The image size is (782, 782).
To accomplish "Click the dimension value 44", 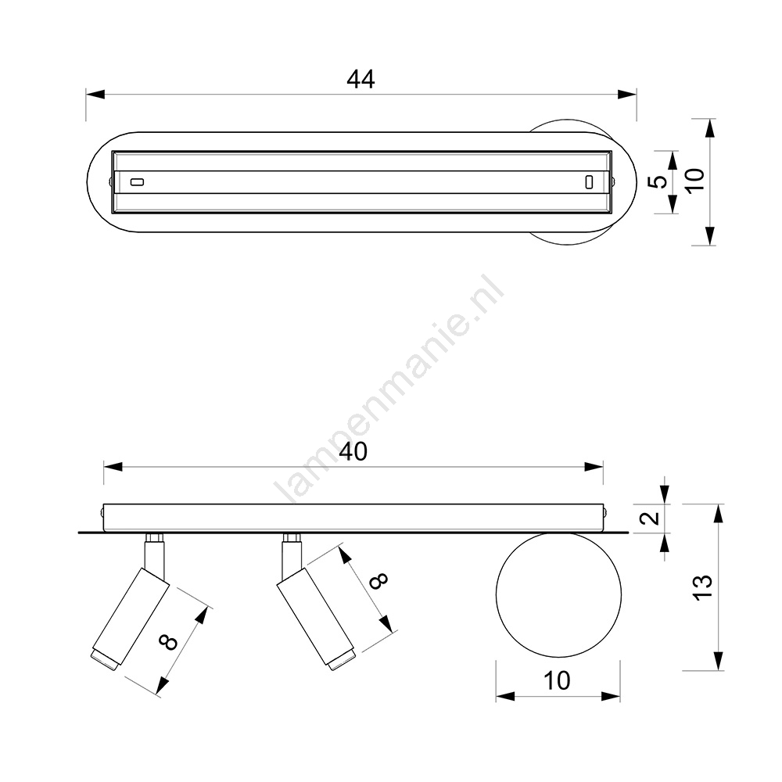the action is click(x=361, y=79).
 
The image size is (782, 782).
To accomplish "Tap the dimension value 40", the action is click(x=353, y=452).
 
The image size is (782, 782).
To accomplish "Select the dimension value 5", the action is click(x=660, y=181).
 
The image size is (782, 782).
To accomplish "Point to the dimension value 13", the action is click(x=703, y=587).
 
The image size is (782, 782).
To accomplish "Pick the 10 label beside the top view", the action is click(x=695, y=180).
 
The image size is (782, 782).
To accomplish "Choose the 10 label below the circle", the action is click(x=557, y=681).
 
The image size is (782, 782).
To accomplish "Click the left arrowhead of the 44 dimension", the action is click(x=95, y=95).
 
